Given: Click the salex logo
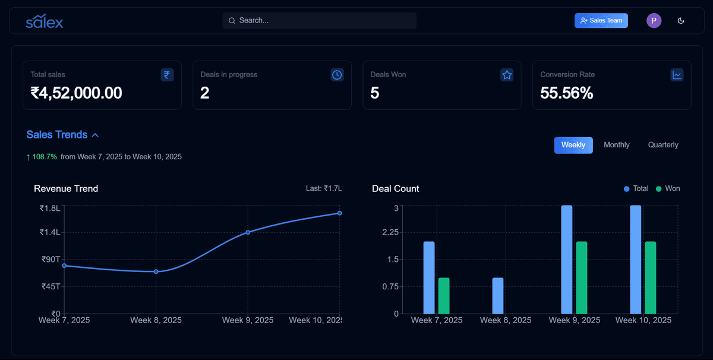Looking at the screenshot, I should click(x=45, y=21).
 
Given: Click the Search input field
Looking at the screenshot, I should click(x=320, y=21).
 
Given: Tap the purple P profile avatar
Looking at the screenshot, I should click(x=654, y=21).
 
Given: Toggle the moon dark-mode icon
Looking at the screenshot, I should click(x=681, y=21).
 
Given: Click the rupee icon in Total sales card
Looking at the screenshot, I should click(x=167, y=75).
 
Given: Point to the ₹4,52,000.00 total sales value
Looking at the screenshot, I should click(x=77, y=93).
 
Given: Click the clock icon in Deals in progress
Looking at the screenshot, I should click(x=337, y=75).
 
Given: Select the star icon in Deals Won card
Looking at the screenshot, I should click(x=507, y=75).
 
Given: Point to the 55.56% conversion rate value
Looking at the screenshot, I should click(x=566, y=93).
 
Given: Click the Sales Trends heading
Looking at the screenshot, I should click(x=57, y=135).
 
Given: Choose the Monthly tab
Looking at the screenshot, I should click(x=616, y=145).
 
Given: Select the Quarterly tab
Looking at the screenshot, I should click(x=662, y=145).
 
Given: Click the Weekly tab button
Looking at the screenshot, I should click(x=573, y=145).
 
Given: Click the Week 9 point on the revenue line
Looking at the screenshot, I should click(x=248, y=232).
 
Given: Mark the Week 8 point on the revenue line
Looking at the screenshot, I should click(x=156, y=271).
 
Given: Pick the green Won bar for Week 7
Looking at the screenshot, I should click(x=444, y=296).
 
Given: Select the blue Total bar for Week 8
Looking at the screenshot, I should click(x=498, y=296).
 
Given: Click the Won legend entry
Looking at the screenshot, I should click(x=668, y=188).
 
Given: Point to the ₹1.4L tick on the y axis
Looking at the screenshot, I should click(x=50, y=232).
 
